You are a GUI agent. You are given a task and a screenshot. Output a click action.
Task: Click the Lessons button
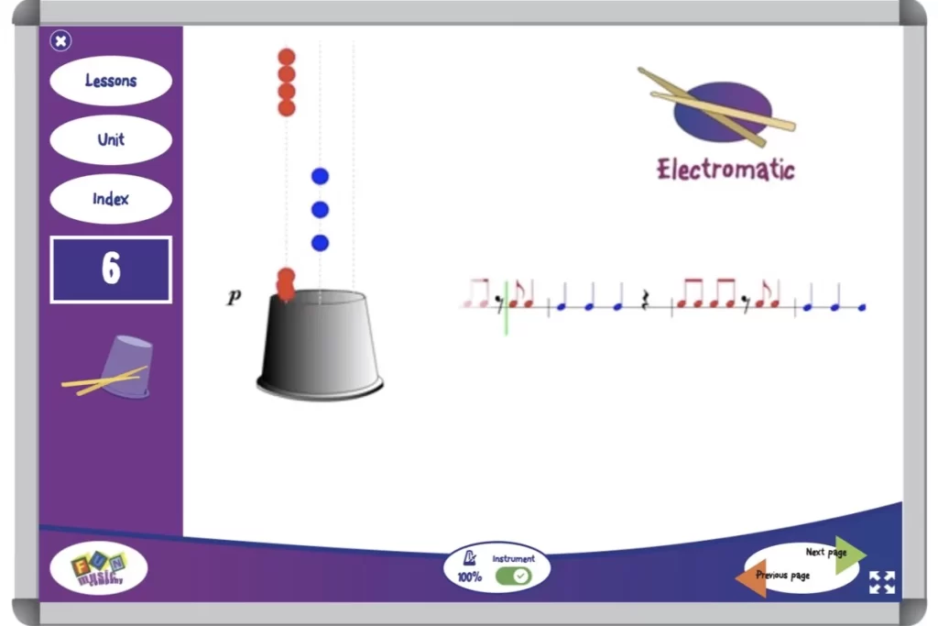coord(111,81)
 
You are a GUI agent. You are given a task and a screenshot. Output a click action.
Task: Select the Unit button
coord(111,140)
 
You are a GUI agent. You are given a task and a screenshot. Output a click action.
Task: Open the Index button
coord(111,199)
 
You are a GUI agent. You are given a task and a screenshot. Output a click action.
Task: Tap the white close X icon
coord(60,40)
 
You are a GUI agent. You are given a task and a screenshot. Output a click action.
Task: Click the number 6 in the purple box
coord(111,269)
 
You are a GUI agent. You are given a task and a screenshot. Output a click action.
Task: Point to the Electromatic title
coord(725,170)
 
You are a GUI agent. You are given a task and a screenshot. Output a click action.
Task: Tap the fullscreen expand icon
coord(881,582)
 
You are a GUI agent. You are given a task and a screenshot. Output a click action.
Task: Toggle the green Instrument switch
coord(513,576)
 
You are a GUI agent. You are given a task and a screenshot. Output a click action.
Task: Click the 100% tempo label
coord(469,577)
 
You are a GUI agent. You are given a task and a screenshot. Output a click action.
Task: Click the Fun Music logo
coord(98,569)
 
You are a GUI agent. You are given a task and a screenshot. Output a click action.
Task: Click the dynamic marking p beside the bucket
coord(234,297)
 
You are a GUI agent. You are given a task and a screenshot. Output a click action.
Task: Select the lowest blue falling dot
coord(320,243)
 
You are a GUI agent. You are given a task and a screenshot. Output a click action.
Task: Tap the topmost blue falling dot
coord(320,176)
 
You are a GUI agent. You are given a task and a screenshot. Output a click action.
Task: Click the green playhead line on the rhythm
coord(506,307)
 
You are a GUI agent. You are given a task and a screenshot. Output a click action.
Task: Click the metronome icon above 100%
coord(470,558)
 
